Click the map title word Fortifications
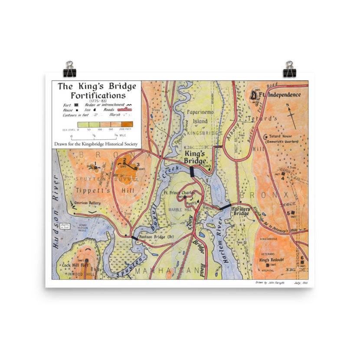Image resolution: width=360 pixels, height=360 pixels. point(98,95)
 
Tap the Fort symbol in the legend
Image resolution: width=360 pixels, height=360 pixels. point(76,105)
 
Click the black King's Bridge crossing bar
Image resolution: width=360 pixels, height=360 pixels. point(192,171)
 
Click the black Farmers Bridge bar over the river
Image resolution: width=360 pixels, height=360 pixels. point(225,207)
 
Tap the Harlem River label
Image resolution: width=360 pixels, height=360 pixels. point(221,250)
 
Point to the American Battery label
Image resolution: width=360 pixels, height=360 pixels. point(87,203)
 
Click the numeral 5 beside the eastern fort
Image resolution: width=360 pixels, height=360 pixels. point(288,213)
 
